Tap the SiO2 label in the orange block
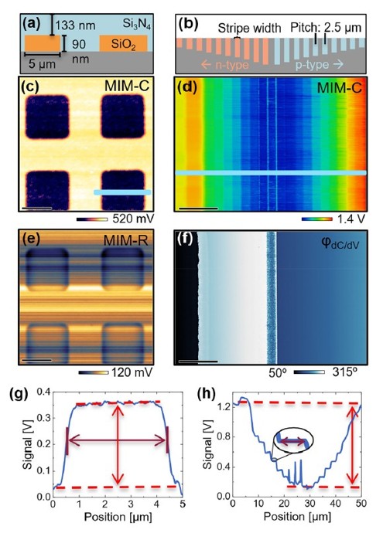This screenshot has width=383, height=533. (x=123, y=44)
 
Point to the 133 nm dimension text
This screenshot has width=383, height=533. (x=75, y=25)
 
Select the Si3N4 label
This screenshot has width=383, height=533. (x=136, y=25)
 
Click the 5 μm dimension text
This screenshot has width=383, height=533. (x=42, y=63)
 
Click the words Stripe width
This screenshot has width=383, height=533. (x=250, y=28)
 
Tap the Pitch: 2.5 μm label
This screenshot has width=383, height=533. (x=326, y=28)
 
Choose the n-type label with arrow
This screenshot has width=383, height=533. (x=224, y=65)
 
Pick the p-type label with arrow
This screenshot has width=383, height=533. (x=319, y=65)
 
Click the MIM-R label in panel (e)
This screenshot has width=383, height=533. (x=126, y=241)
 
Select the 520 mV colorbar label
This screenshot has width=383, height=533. (x=132, y=219)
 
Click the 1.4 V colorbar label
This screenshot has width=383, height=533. (x=351, y=219)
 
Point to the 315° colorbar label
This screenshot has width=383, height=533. (x=344, y=372)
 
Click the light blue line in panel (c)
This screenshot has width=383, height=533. (x=122, y=192)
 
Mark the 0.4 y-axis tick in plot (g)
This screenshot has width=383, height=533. (x=43, y=392)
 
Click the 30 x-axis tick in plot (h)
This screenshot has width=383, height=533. (x=309, y=503)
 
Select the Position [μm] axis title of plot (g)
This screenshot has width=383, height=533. (x=118, y=517)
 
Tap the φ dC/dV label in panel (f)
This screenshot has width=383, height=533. (x=340, y=243)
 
